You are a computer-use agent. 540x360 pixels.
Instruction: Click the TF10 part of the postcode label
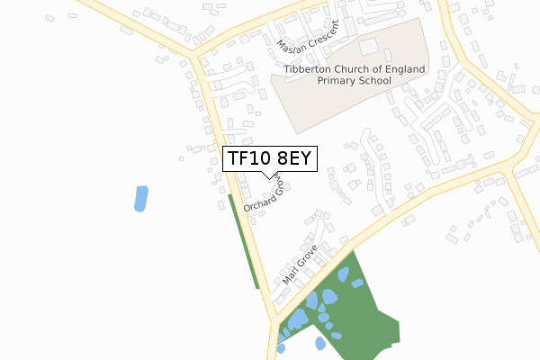(x=248, y=158)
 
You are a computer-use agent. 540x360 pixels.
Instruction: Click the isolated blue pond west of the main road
(x=140, y=198)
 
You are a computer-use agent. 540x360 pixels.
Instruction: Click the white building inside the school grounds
(x=368, y=46)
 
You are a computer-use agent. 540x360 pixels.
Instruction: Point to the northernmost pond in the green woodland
(x=343, y=273)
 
